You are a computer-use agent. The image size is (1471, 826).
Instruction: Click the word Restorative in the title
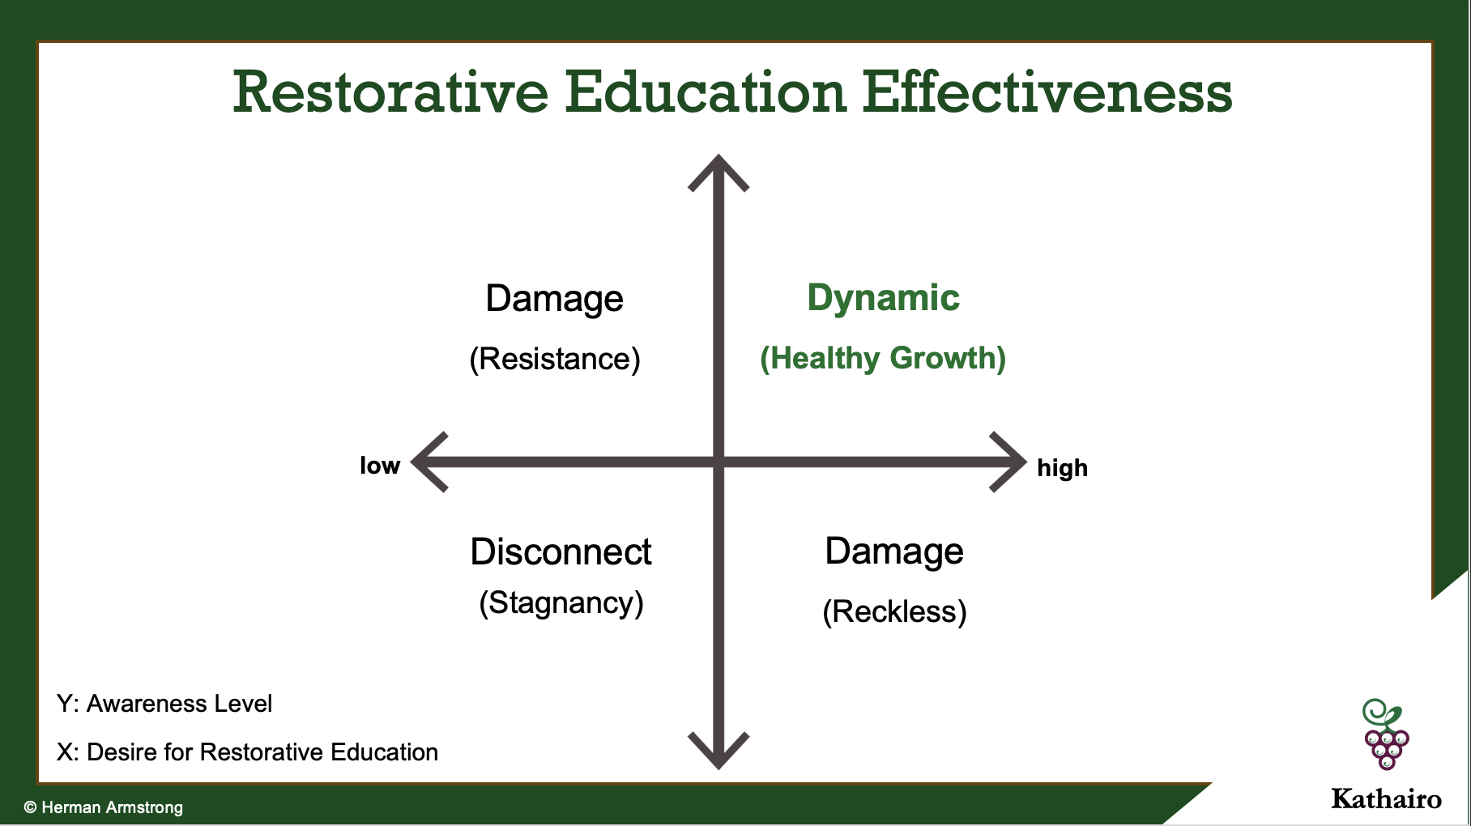click(x=391, y=92)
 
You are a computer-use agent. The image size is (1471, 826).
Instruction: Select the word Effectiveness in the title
click(x=1047, y=92)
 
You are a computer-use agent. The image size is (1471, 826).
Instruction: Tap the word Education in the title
click(x=706, y=92)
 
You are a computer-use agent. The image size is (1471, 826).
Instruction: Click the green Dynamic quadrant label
click(x=884, y=299)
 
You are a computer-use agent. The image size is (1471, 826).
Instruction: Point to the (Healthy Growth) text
click(x=883, y=358)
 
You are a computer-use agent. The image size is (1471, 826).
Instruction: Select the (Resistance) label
click(x=555, y=359)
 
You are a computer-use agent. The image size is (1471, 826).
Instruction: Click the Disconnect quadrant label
click(x=561, y=552)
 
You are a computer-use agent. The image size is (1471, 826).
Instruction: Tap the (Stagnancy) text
click(x=561, y=603)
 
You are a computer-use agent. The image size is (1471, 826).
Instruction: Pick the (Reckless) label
click(x=894, y=612)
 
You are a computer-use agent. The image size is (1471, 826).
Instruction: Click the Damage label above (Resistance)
click(x=555, y=299)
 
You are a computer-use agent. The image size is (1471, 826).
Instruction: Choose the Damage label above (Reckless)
click(x=894, y=552)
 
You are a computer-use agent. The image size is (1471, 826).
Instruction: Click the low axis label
click(x=380, y=466)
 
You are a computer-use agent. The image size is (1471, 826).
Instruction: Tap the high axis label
click(x=1062, y=468)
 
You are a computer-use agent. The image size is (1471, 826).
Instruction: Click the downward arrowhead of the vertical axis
click(x=718, y=752)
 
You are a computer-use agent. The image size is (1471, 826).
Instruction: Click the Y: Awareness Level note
click(x=164, y=704)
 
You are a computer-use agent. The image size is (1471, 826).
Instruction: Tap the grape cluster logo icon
click(x=1386, y=734)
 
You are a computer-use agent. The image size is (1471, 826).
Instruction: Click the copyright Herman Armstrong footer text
click(x=104, y=807)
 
